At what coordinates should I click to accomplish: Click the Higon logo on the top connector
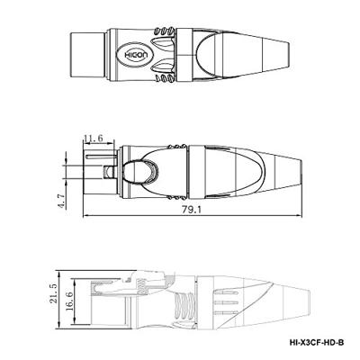(135, 56)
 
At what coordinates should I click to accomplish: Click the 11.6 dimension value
(94, 139)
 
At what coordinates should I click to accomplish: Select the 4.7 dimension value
(61, 201)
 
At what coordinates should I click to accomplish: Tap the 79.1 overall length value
(192, 210)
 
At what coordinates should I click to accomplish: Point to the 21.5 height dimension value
(53, 293)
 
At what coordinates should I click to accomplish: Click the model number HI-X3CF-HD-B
(317, 342)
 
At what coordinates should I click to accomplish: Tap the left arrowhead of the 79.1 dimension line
(85, 215)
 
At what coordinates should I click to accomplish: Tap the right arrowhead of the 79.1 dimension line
(300, 215)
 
